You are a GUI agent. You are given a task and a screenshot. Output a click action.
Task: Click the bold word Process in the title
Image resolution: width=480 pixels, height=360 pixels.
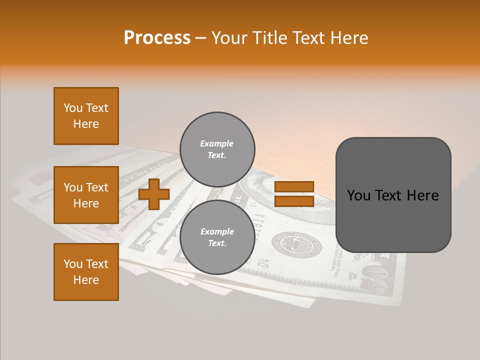[x=157, y=38]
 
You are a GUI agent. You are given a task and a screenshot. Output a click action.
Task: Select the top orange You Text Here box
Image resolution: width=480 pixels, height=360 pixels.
[x=86, y=116]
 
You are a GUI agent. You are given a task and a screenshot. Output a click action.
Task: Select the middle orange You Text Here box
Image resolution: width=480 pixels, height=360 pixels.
[x=86, y=195]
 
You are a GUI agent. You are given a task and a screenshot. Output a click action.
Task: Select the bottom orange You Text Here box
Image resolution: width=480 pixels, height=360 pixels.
[x=86, y=272]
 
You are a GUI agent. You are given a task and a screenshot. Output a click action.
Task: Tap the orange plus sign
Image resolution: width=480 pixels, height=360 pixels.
[x=154, y=194]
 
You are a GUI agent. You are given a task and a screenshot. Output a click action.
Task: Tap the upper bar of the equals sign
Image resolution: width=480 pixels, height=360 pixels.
[x=294, y=187]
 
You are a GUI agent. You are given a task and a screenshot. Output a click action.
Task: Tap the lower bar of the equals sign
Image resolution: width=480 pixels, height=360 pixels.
[x=294, y=201]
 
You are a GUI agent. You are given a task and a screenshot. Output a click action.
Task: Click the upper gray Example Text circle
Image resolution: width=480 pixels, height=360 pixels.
[x=217, y=149]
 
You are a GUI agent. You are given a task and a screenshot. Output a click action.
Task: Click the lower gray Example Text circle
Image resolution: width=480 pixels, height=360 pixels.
[x=217, y=237]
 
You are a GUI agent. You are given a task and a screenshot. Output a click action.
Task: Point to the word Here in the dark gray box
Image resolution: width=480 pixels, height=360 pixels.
[x=422, y=195]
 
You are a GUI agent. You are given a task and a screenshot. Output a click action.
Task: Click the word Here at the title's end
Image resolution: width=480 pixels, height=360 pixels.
[x=349, y=38]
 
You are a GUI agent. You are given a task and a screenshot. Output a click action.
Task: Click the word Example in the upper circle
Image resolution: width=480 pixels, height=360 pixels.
[x=216, y=144]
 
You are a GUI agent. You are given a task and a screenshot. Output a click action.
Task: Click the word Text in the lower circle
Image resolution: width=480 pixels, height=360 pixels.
[x=216, y=243]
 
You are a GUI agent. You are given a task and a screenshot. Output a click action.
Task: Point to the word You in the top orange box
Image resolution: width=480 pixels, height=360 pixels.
[x=73, y=108]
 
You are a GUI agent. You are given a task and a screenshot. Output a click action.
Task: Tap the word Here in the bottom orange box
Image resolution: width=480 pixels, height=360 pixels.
[x=86, y=280]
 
